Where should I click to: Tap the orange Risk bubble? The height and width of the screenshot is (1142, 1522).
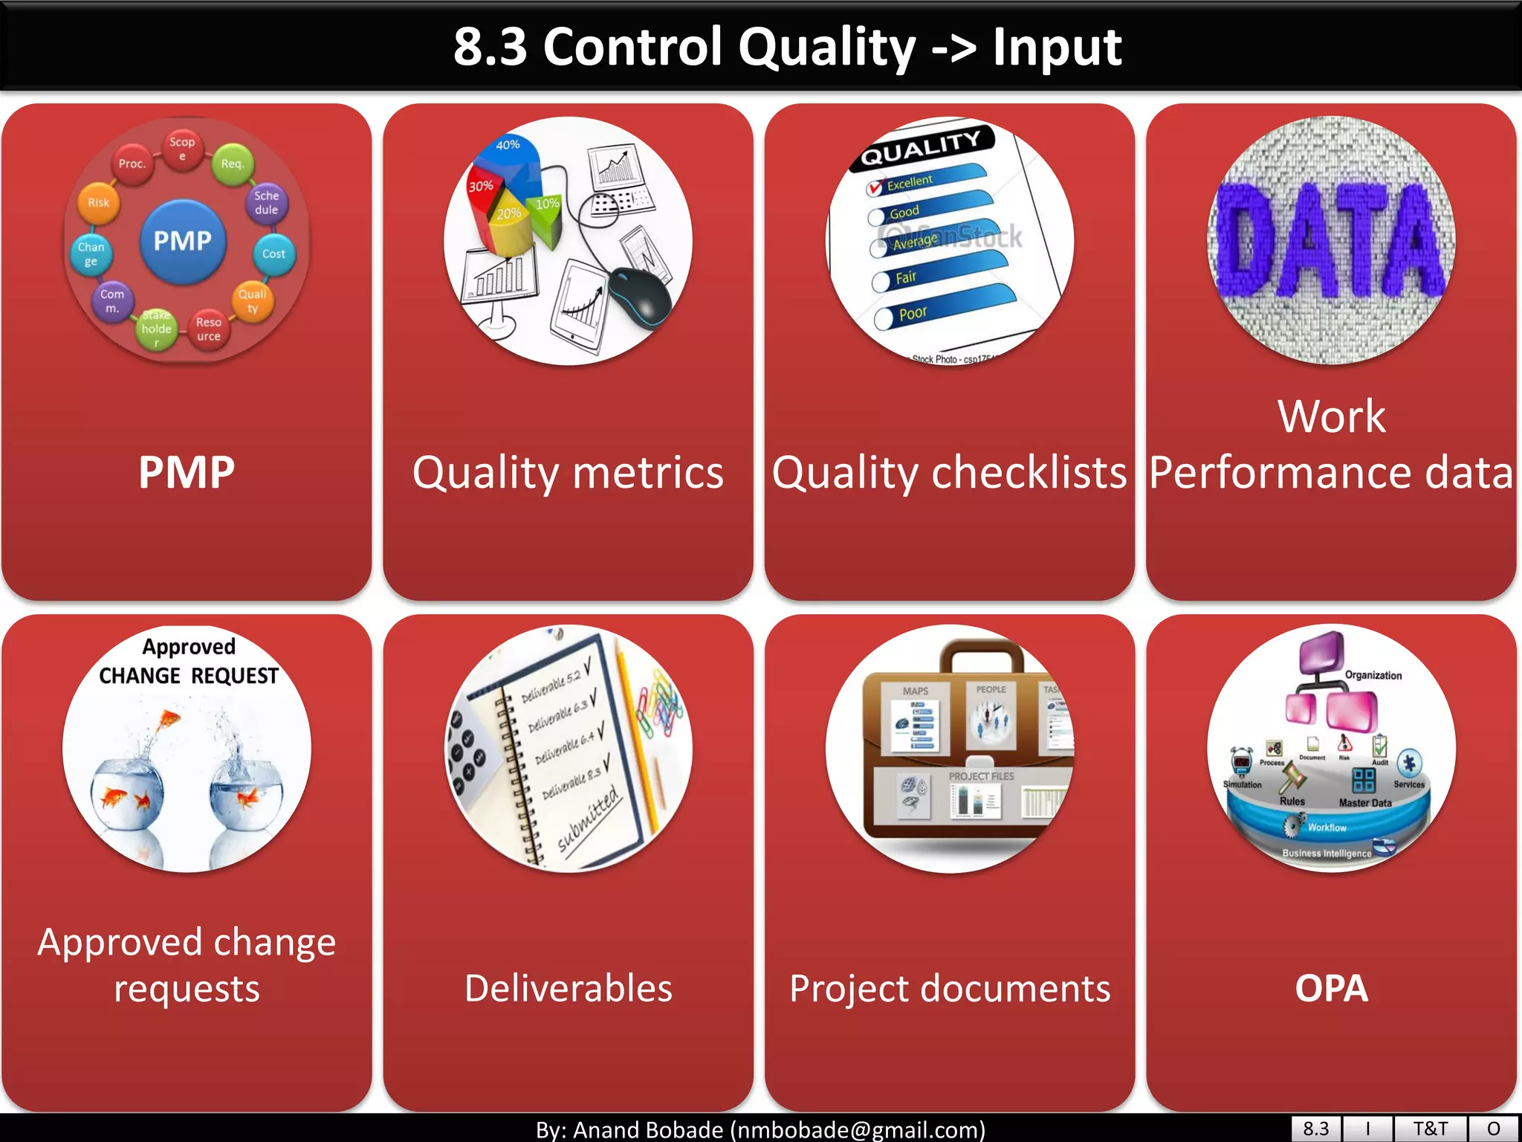point(99,202)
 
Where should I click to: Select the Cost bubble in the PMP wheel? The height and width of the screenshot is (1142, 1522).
point(273,254)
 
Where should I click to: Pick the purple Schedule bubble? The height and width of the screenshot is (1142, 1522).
point(266,203)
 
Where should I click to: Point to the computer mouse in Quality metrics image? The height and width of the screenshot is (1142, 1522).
point(641,297)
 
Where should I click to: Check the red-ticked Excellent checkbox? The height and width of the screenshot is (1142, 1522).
point(875,187)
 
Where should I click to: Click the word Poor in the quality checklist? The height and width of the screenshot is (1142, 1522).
point(913,313)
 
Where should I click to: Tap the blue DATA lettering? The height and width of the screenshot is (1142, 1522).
point(1330,239)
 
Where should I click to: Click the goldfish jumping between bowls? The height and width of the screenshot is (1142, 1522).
point(170,719)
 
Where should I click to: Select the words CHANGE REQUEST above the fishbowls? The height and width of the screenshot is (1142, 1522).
point(189,675)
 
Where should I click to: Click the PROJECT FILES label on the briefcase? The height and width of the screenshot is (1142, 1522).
point(981,776)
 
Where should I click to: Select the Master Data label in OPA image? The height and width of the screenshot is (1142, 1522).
point(1365,803)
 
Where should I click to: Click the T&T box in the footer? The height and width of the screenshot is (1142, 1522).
point(1430,1129)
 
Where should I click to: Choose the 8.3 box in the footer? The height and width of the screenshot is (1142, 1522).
point(1315,1129)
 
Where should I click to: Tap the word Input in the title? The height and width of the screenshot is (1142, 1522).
point(1057,47)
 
